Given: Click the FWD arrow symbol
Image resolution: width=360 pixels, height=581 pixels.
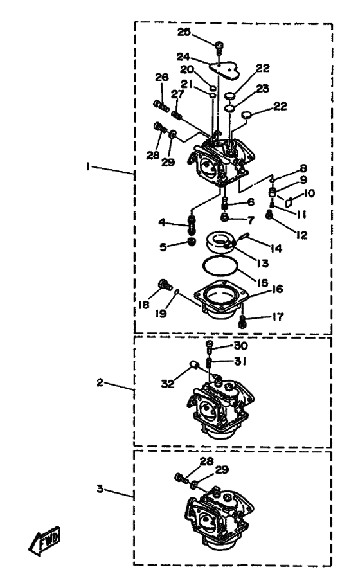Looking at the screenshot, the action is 44,541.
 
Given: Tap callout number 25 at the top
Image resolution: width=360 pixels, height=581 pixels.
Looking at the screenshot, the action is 184,32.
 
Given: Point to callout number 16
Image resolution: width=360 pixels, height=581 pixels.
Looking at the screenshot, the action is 277,289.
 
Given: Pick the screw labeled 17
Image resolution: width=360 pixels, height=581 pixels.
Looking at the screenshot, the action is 242,321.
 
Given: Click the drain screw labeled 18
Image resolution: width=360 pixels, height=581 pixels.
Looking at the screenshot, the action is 165,285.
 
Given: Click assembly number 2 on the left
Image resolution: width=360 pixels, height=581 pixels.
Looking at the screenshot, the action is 100,382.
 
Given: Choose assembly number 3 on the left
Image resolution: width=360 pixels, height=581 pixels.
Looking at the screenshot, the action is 100,488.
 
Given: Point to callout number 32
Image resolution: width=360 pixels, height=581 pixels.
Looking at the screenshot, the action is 167,384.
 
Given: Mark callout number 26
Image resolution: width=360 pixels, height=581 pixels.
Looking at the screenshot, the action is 161,77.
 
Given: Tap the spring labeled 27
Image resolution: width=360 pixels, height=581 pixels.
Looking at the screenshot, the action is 177,115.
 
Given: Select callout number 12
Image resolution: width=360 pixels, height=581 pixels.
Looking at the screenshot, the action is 301,235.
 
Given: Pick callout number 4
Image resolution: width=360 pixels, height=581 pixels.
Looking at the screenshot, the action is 162,222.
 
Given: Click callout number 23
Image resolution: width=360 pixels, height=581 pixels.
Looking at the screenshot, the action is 263,88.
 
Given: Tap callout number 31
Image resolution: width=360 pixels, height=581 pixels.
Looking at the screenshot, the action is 240,361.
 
